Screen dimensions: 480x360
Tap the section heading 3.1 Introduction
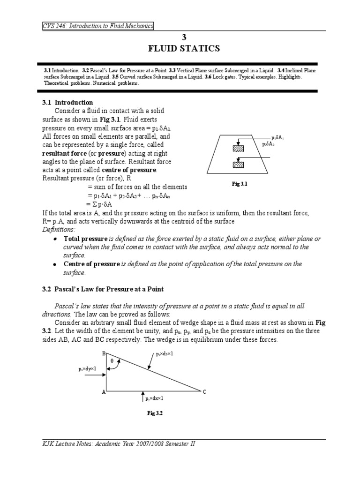click(67, 102)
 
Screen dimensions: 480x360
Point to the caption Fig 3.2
click(154, 413)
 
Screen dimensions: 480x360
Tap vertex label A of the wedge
click(103, 392)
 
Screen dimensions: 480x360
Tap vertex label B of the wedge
click(104, 352)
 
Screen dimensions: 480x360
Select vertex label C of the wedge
click(204, 392)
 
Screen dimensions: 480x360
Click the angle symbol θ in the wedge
click(112, 361)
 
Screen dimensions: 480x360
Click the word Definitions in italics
click(59, 229)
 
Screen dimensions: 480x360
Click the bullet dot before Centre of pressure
click(55, 264)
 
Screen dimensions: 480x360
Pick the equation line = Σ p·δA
click(105, 204)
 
